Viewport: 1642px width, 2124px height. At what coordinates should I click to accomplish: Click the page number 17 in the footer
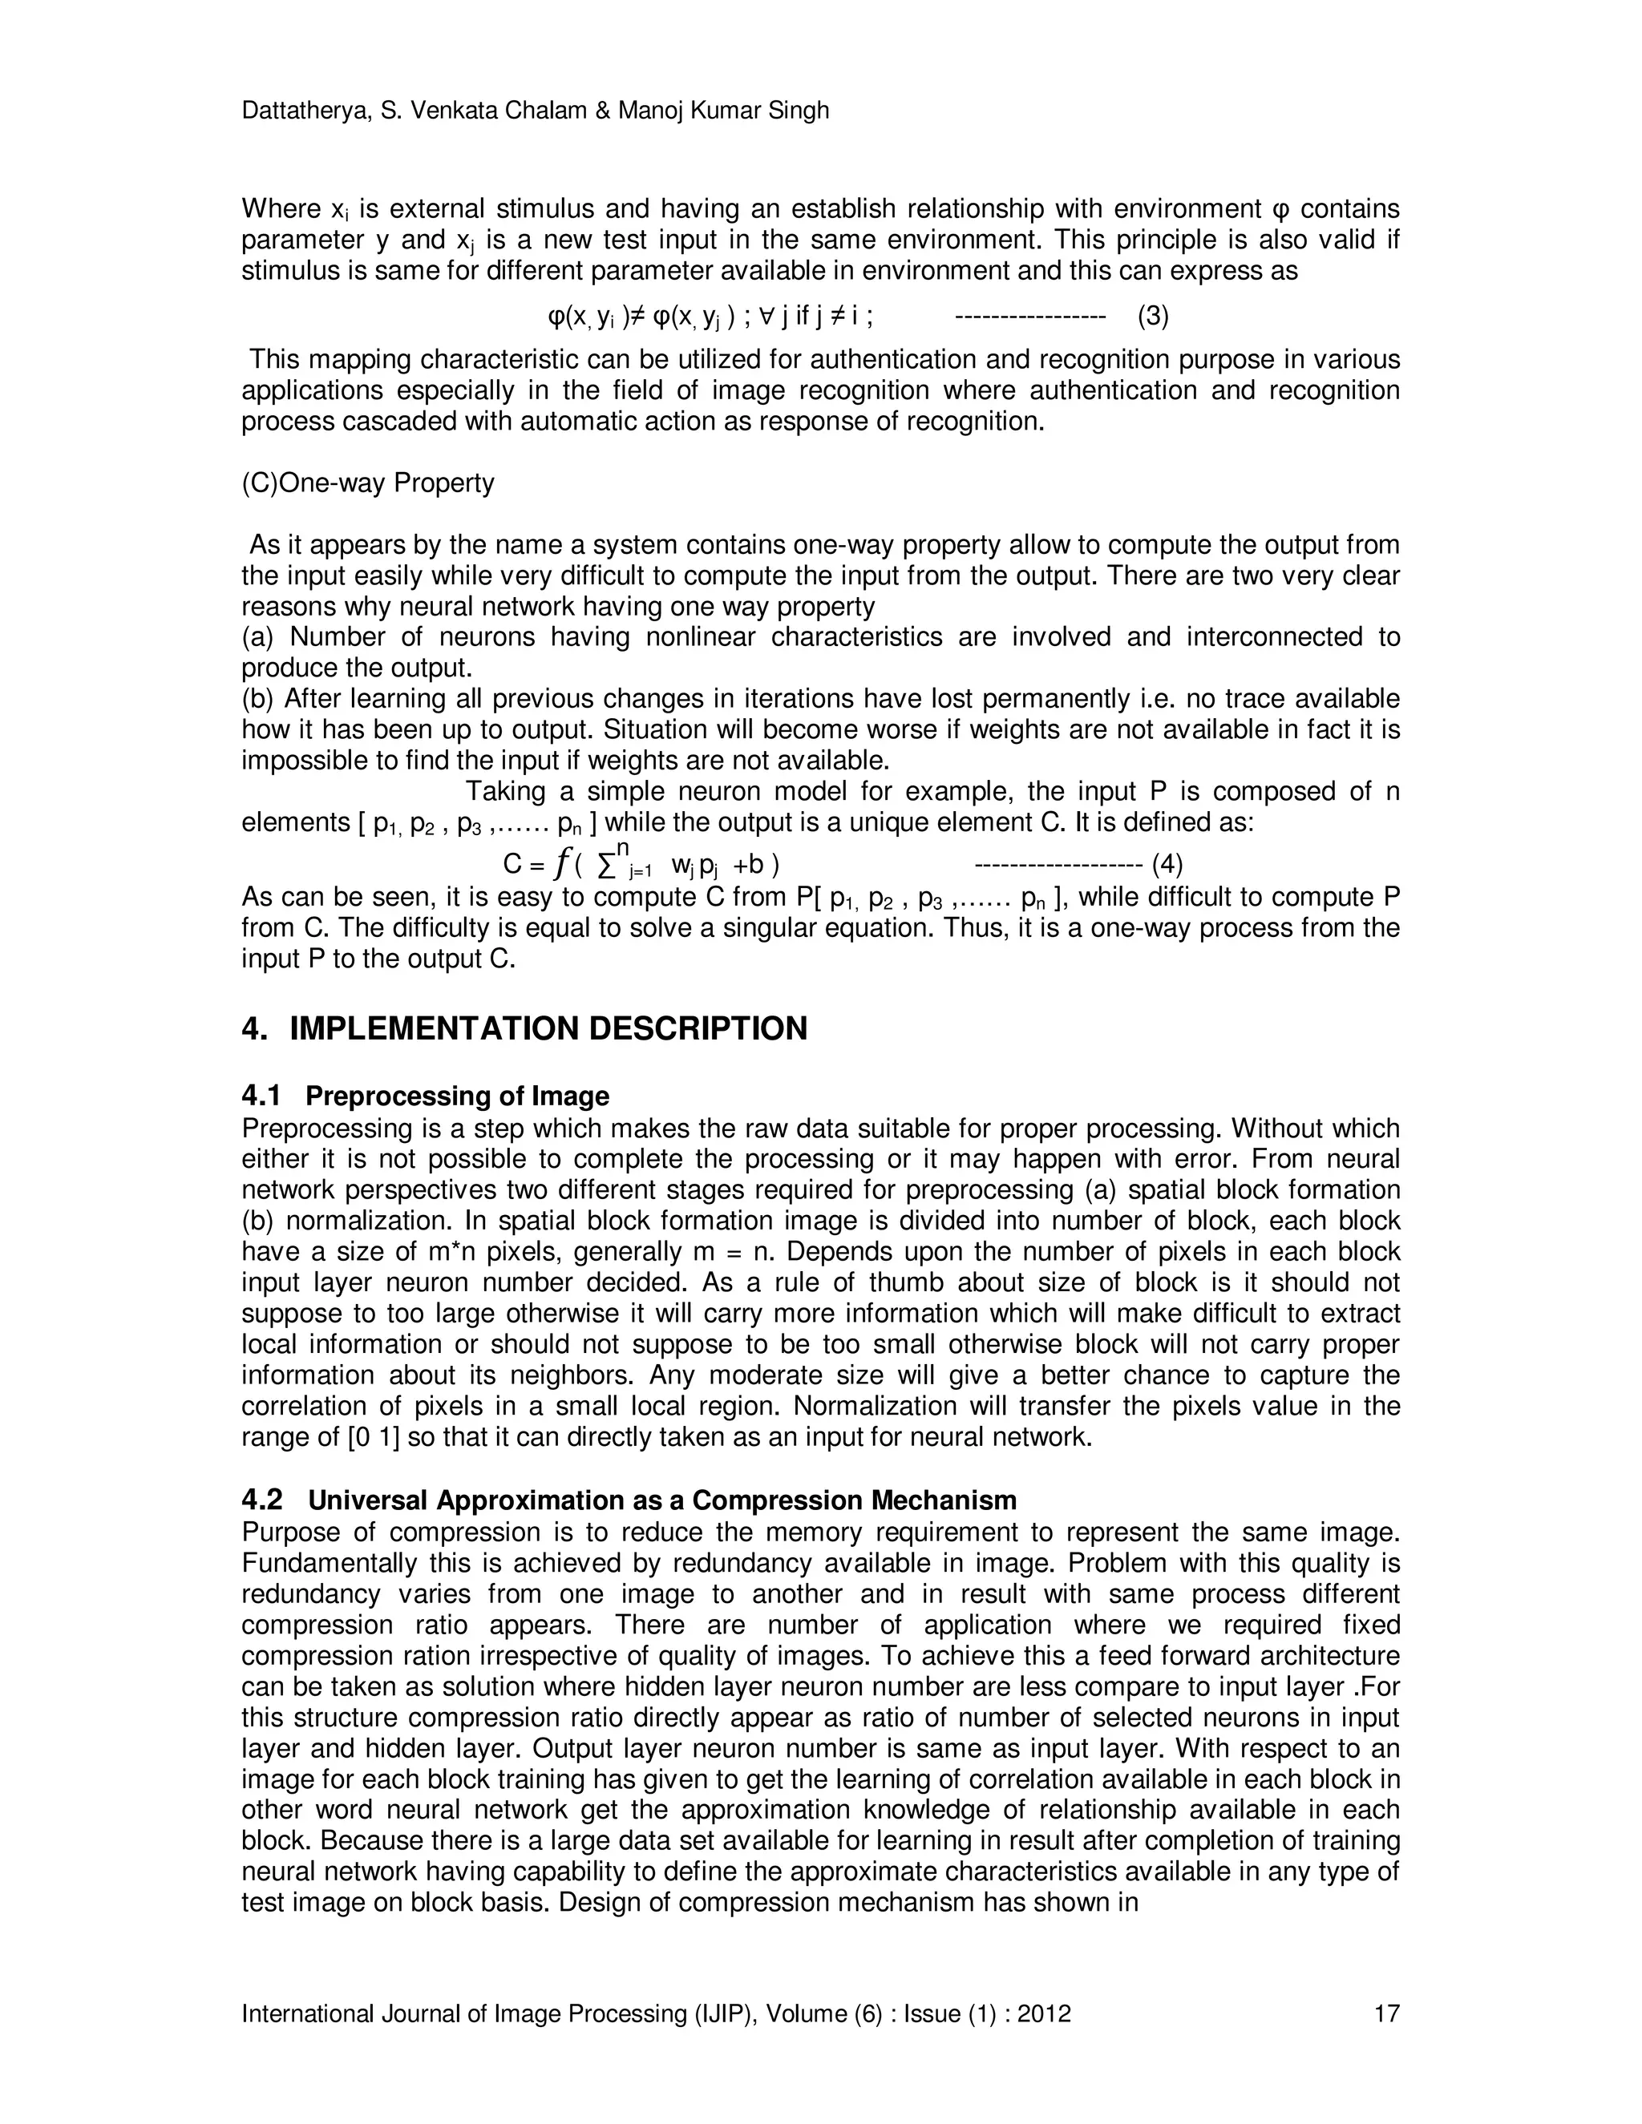[1386, 2014]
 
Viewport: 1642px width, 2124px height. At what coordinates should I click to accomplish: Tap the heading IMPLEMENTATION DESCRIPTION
[548, 1029]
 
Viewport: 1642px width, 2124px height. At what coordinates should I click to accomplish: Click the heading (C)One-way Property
[368, 483]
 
